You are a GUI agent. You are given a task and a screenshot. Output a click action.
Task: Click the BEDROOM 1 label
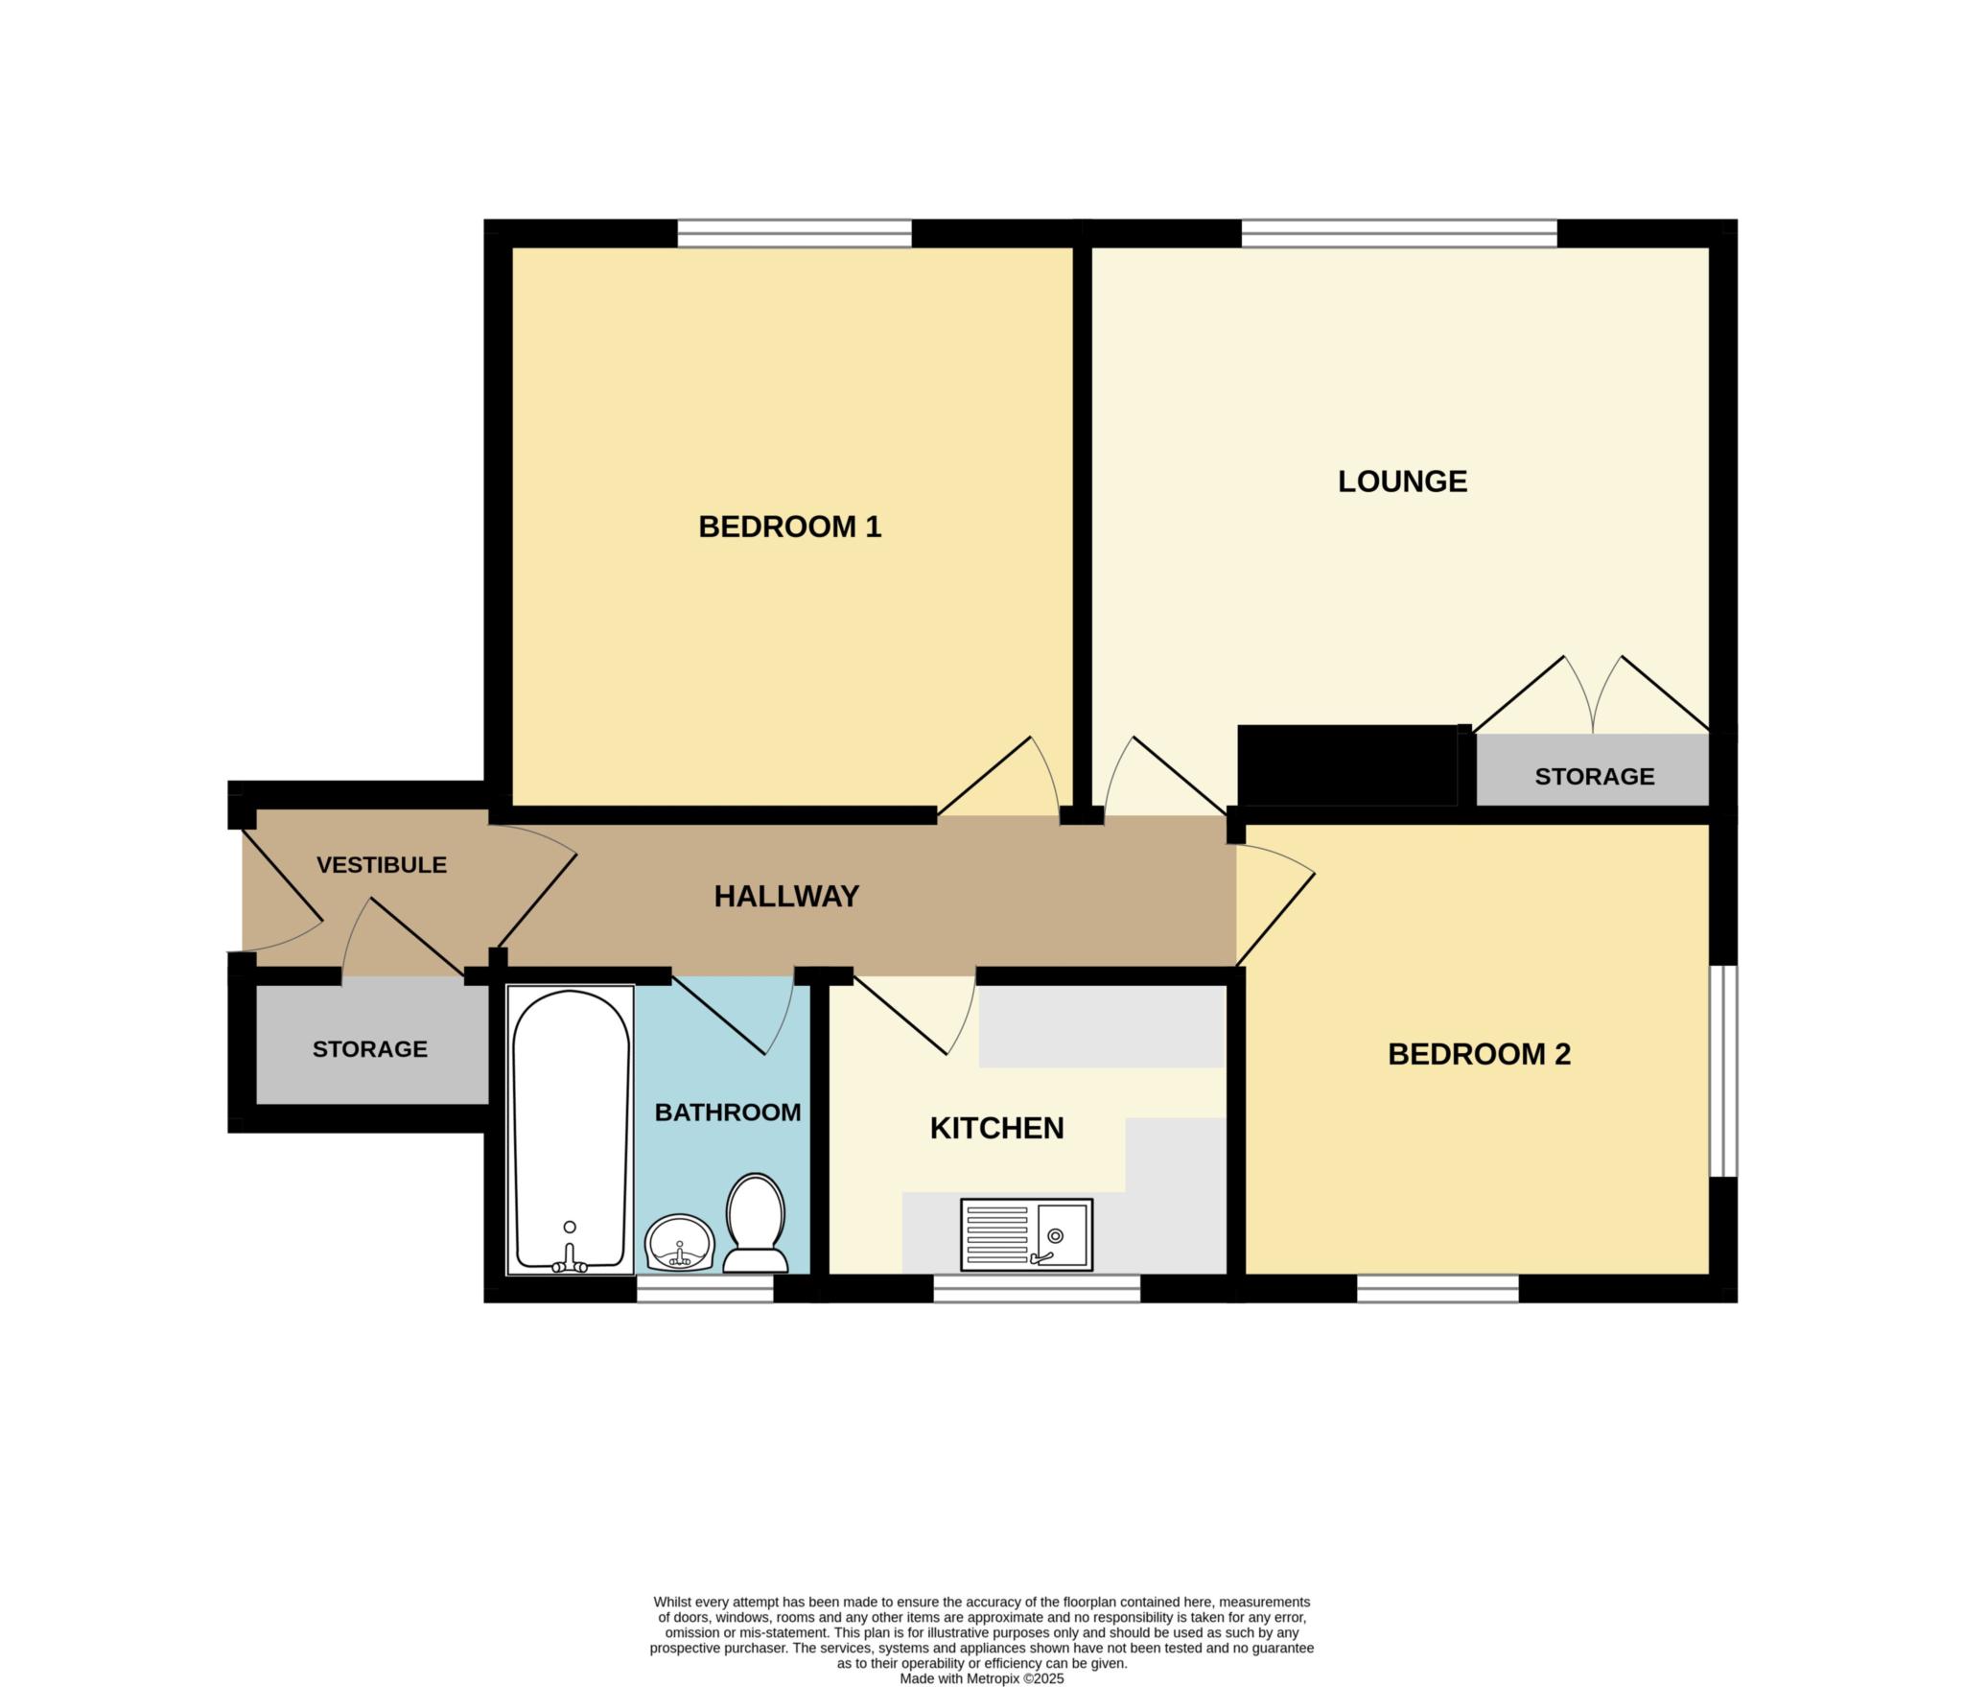[x=789, y=527]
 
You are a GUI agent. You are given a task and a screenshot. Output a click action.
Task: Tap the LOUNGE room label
[x=1402, y=481]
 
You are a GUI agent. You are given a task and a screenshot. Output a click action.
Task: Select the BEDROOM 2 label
[x=1479, y=1055]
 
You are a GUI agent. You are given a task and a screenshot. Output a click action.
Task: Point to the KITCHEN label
[x=996, y=1128]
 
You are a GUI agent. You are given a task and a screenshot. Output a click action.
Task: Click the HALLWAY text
[x=786, y=897]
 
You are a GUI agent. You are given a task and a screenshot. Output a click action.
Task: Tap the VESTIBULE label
[x=382, y=865]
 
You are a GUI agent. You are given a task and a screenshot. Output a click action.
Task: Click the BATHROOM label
[x=728, y=1113]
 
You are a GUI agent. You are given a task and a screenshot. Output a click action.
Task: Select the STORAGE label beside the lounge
[x=1595, y=777]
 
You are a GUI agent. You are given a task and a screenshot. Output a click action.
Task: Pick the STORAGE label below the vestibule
[x=370, y=1049]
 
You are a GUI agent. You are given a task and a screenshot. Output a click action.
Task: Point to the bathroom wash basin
[x=680, y=1244]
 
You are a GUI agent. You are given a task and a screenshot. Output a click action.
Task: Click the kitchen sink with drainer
[x=1026, y=1234]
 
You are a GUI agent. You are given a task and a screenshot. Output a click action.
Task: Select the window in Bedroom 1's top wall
[x=794, y=234]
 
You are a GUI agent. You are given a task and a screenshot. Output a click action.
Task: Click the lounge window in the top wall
[x=1399, y=234]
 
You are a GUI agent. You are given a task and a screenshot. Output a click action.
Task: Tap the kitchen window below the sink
[x=1037, y=1288]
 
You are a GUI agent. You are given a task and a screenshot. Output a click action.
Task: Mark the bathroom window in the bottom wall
[x=705, y=1288]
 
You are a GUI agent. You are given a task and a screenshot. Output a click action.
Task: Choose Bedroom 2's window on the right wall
[x=1723, y=1070]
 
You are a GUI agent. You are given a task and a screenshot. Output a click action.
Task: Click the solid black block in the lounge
[x=1347, y=764]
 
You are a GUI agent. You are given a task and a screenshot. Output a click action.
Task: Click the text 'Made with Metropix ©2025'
[x=981, y=1679]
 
